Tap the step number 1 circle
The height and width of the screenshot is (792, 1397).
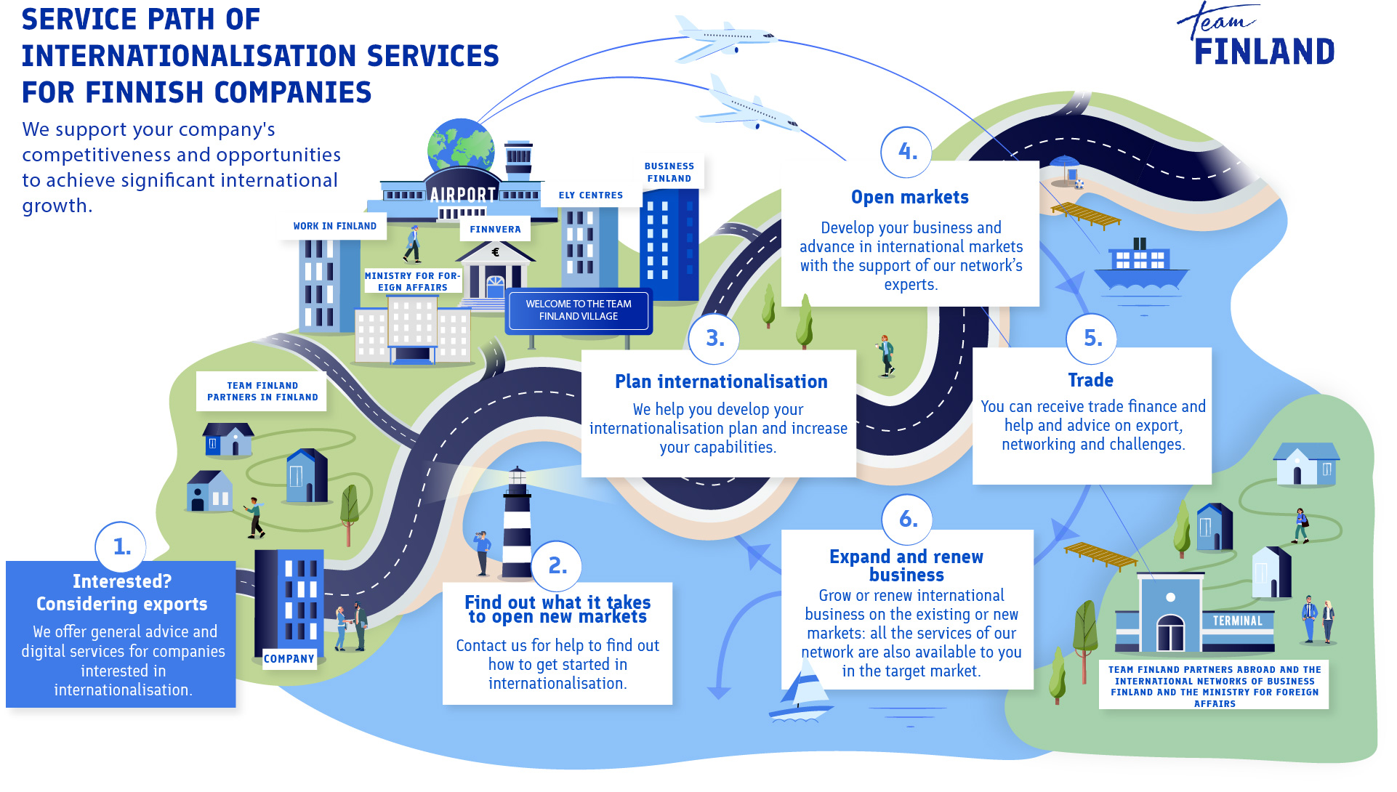[x=121, y=546]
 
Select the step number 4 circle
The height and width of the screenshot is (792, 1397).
[x=906, y=152]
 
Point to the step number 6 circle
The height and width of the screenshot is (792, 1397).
[x=907, y=519]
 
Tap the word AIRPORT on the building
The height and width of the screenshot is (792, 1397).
[x=462, y=195]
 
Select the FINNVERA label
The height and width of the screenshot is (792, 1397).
[x=495, y=230]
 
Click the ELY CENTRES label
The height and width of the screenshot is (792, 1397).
[x=590, y=195]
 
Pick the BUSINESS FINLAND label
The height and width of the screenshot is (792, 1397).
[x=669, y=172]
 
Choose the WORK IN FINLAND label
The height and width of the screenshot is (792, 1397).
[x=334, y=227]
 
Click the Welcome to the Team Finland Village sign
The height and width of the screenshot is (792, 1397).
[x=579, y=310]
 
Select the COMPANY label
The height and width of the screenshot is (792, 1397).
[x=289, y=659]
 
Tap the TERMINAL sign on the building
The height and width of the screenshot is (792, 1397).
[x=1237, y=621]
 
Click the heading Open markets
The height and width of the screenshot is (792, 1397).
[x=909, y=198]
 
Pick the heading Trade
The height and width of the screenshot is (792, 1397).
[x=1090, y=380]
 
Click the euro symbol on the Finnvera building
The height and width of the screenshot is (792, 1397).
[x=496, y=252]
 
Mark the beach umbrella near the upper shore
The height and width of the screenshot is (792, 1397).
[x=1065, y=167]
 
